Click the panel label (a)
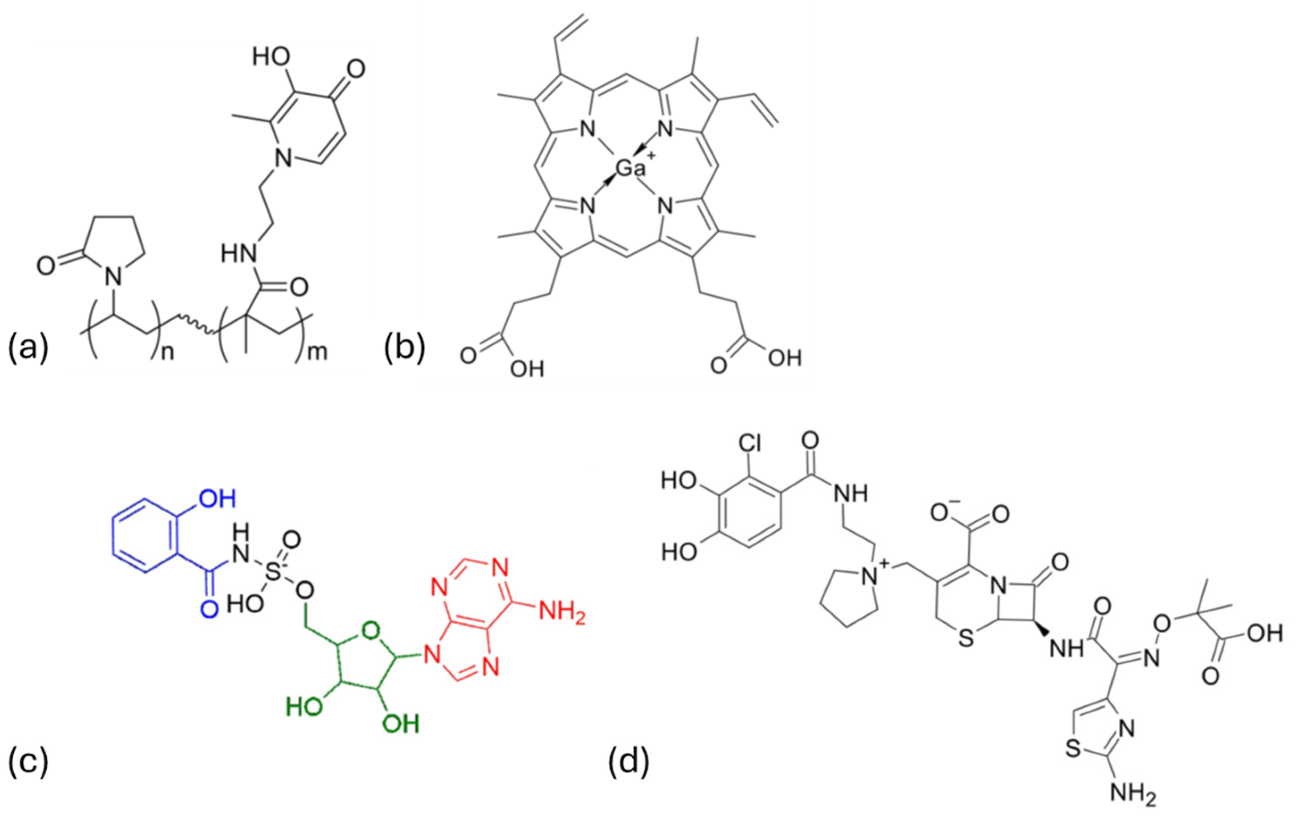28,349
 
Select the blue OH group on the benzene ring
217,500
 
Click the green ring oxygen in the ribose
370,629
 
